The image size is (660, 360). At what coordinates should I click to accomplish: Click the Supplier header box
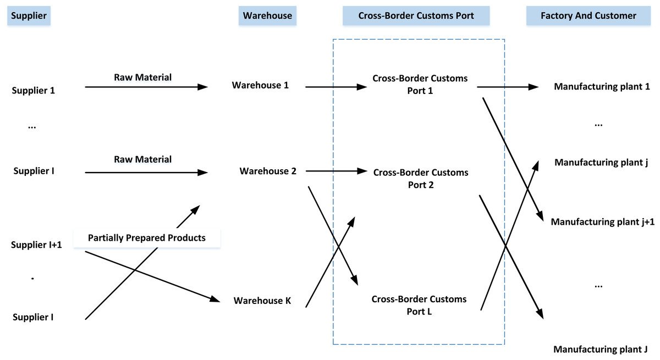click(29, 16)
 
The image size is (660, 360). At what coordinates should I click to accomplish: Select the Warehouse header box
click(267, 16)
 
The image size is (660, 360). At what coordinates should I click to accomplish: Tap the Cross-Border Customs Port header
click(415, 16)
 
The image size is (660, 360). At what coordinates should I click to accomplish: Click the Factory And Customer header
click(588, 16)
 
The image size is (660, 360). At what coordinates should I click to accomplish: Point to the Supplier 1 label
click(34, 90)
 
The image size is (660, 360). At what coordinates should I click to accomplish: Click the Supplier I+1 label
click(36, 245)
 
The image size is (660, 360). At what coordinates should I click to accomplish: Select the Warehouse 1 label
click(260, 85)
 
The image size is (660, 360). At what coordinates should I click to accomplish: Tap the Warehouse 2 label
click(268, 171)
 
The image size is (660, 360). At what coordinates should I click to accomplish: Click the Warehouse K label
click(262, 301)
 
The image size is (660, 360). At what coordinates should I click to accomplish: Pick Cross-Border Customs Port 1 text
click(420, 84)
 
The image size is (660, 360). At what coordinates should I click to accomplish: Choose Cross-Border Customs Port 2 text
click(421, 179)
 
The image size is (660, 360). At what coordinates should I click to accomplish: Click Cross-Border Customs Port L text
click(419, 305)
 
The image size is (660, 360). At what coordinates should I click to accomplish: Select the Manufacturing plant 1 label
click(602, 86)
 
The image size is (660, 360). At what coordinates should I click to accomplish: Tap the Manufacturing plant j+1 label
click(602, 222)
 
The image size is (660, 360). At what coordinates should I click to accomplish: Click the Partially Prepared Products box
click(146, 238)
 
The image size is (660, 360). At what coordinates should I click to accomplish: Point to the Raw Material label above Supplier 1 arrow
click(142, 77)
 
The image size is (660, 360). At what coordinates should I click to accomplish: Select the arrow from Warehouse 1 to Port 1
click(335, 87)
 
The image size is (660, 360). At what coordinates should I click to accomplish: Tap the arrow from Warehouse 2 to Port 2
click(335, 171)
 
